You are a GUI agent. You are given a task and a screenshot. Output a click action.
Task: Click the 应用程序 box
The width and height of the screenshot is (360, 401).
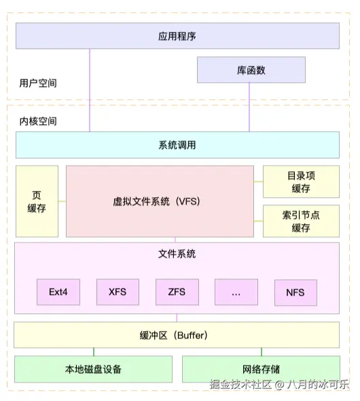pyautogui.click(x=177, y=36)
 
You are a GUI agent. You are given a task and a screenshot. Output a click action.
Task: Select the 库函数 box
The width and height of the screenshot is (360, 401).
pyautogui.click(x=251, y=70)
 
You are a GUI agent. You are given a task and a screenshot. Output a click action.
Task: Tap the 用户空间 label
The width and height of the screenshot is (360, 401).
pyautogui.click(x=38, y=83)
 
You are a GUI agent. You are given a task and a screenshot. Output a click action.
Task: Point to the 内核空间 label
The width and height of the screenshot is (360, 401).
pyautogui.click(x=38, y=121)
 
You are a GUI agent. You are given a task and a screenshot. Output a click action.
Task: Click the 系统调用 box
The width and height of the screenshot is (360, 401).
pyautogui.click(x=177, y=145)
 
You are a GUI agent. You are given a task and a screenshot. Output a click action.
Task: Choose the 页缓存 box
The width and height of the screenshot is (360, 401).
pyautogui.click(x=37, y=201)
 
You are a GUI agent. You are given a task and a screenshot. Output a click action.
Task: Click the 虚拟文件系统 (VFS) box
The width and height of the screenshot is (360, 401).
pyautogui.click(x=160, y=201)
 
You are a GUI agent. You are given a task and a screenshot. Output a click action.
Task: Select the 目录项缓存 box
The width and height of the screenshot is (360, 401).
pyautogui.click(x=301, y=181)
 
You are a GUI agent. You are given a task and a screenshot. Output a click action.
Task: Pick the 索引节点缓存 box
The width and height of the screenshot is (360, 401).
pyautogui.click(x=301, y=221)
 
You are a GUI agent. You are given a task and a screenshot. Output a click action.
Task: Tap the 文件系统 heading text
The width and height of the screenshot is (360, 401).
pyautogui.click(x=177, y=254)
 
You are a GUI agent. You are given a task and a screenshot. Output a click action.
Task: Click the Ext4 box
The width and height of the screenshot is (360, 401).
pyautogui.click(x=58, y=292)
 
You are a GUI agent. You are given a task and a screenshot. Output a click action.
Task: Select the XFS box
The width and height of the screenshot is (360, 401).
pyautogui.click(x=118, y=292)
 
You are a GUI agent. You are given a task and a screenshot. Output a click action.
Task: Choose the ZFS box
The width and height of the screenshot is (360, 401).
pyautogui.click(x=177, y=292)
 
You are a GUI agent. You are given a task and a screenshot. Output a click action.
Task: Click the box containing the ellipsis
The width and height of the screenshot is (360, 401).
pyautogui.click(x=236, y=292)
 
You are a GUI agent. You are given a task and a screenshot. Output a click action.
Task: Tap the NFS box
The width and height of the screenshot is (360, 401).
pyautogui.click(x=295, y=292)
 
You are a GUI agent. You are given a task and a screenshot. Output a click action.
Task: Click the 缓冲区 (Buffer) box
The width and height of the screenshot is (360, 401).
pyautogui.click(x=177, y=335)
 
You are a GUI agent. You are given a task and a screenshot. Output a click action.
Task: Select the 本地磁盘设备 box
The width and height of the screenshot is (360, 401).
pyautogui.click(x=93, y=369)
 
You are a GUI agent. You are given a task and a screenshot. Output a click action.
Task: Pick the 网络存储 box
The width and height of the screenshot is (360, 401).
pyautogui.click(x=261, y=369)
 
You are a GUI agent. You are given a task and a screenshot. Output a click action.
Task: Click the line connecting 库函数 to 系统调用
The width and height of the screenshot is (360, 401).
pyautogui.click(x=249, y=107)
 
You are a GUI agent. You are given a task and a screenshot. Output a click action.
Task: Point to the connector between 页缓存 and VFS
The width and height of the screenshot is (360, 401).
pyautogui.click(x=62, y=201)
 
